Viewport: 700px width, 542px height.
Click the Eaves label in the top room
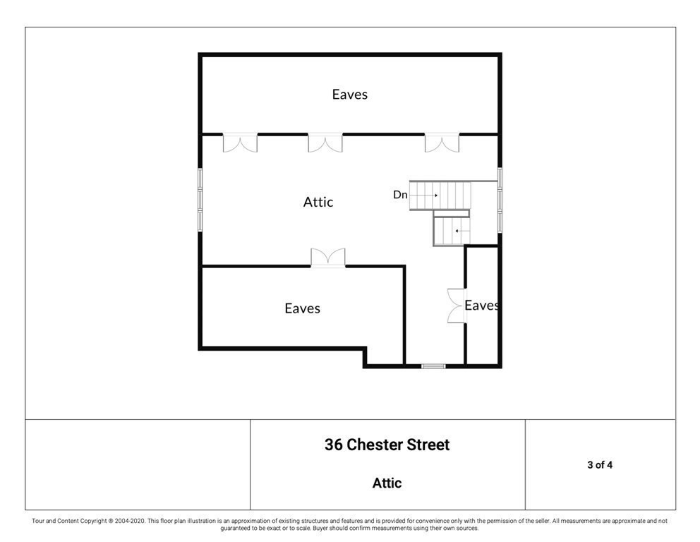click(x=350, y=94)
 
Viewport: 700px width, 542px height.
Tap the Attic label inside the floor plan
click(x=318, y=202)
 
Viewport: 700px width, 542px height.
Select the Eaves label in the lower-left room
click(x=303, y=308)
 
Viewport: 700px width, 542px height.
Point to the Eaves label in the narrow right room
click(x=483, y=306)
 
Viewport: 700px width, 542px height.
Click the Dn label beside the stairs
click(x=400, y=195)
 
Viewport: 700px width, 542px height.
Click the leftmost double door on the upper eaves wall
click(x=240, y=143)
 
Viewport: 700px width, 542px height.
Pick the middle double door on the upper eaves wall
click(x=325, y=143)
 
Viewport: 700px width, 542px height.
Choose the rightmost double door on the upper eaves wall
click(x=442, y=143)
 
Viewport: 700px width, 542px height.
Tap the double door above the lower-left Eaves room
click(x=328, y=258)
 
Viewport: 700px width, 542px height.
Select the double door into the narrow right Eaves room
click(x=457, y=306)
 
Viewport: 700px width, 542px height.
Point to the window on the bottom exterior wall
click(x=433, y=366)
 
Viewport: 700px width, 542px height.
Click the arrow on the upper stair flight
click(x=430, y=195)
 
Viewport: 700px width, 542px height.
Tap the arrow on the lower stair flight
click(x=459, y=231)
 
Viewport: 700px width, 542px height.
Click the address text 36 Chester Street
click(x=387, y=445)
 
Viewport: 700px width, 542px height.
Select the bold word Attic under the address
click(x=387, y=483)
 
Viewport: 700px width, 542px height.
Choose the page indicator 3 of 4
click(x=599, y=465)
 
